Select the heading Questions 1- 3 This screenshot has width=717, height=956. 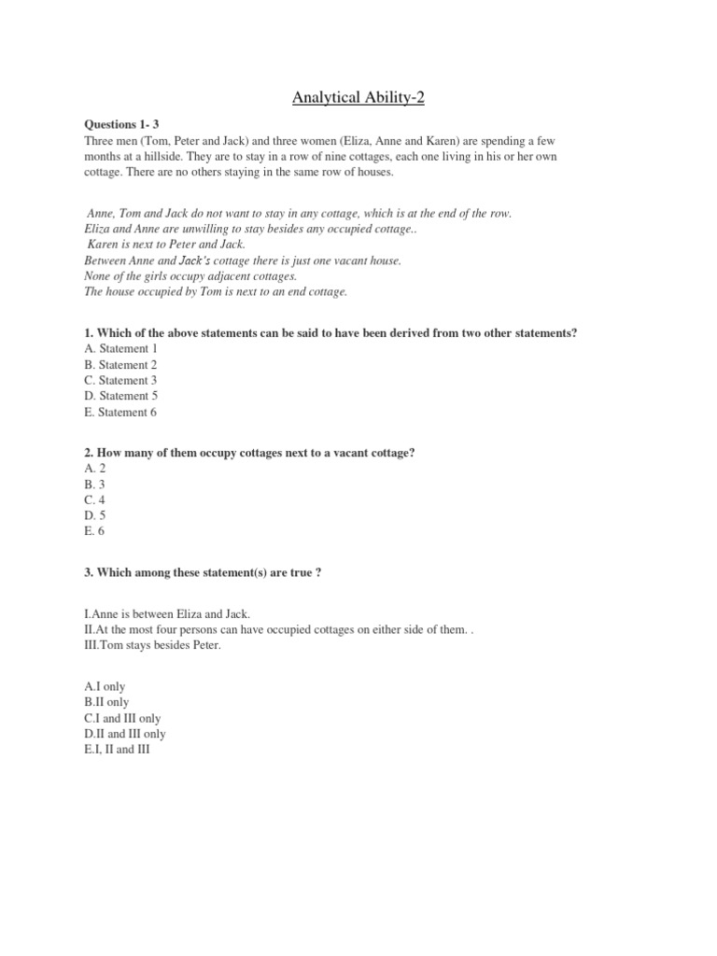(122, 123)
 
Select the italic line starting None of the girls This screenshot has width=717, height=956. (190, 276)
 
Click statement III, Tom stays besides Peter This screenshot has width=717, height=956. (152, 646)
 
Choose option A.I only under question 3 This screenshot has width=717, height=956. (105, 686)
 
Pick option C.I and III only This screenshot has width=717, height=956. (122, 718)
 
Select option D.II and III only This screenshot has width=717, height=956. (125, 734)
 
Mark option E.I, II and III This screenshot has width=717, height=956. (117, 750)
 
